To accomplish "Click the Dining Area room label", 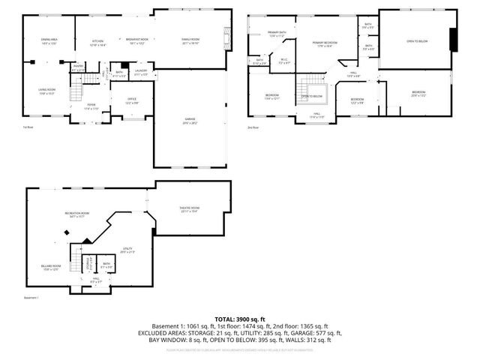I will point(49,41).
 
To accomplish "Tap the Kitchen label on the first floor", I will point(97,41).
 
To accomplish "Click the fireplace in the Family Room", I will point(226,37).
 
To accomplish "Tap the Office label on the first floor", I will point(131,100).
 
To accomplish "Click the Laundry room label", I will point(141,73).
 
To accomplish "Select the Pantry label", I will point(78,67).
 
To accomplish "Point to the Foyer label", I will point(91,106).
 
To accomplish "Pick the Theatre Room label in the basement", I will point(190,209).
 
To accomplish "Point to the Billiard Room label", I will point(51,267).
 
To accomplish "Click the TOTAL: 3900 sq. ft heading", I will point(240,319).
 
